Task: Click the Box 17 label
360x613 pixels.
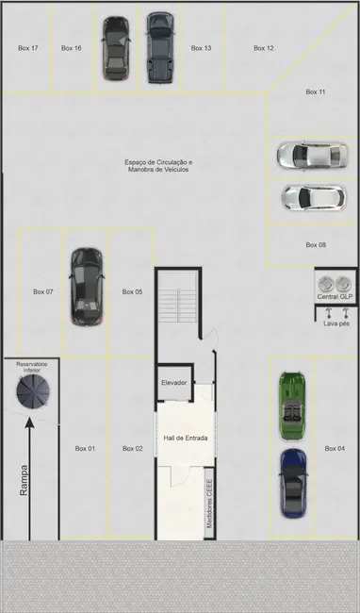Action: tap(28, 48)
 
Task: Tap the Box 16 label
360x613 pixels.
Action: tap(72, 48)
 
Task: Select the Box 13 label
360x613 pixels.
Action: tap(201, 48)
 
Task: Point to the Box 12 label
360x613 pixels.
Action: tap(264, 48)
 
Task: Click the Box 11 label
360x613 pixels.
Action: tap(316, 91)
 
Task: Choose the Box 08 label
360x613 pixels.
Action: tap(316, 245)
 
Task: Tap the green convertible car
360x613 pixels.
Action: tap(292, 406)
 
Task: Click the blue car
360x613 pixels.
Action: tap(293, 484)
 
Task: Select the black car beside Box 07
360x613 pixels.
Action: tap(87, 287)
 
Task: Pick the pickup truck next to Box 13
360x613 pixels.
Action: tap(160, 47)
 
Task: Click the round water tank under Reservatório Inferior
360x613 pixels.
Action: tap(33, 391)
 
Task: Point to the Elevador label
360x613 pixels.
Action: tap(174, 383)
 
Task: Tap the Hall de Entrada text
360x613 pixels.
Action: tap(186, 438)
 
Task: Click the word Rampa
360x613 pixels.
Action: tap(24, 480)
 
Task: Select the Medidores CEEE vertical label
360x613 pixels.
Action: tap(209, 504)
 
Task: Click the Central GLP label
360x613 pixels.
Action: tap(335, 297)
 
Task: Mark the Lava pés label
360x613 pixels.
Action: tap(336, 323)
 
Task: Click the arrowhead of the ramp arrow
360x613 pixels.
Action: tap(29, 422)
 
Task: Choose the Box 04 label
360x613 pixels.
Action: tap(335, 448)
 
